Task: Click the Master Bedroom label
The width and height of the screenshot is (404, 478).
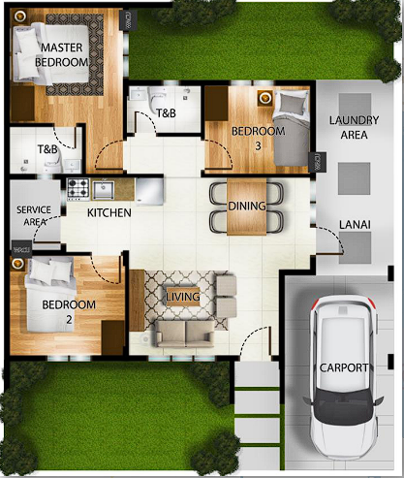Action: coord(61,54)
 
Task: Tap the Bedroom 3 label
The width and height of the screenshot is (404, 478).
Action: coord(258,138)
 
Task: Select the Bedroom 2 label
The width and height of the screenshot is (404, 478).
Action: coord(69,310)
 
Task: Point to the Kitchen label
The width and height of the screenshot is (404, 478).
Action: coord(109,212)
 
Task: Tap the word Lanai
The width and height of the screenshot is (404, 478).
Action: coord(353,225)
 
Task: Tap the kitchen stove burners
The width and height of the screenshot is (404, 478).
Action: coord(78,187)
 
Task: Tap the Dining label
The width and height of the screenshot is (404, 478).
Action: coord(247,206)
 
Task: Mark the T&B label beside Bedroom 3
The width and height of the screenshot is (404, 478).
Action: coord(166,114)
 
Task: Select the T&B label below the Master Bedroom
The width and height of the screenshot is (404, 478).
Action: coord(47,149)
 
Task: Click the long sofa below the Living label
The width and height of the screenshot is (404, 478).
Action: coord(187,333)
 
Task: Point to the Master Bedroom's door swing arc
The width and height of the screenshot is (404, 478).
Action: coord(109,153)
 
